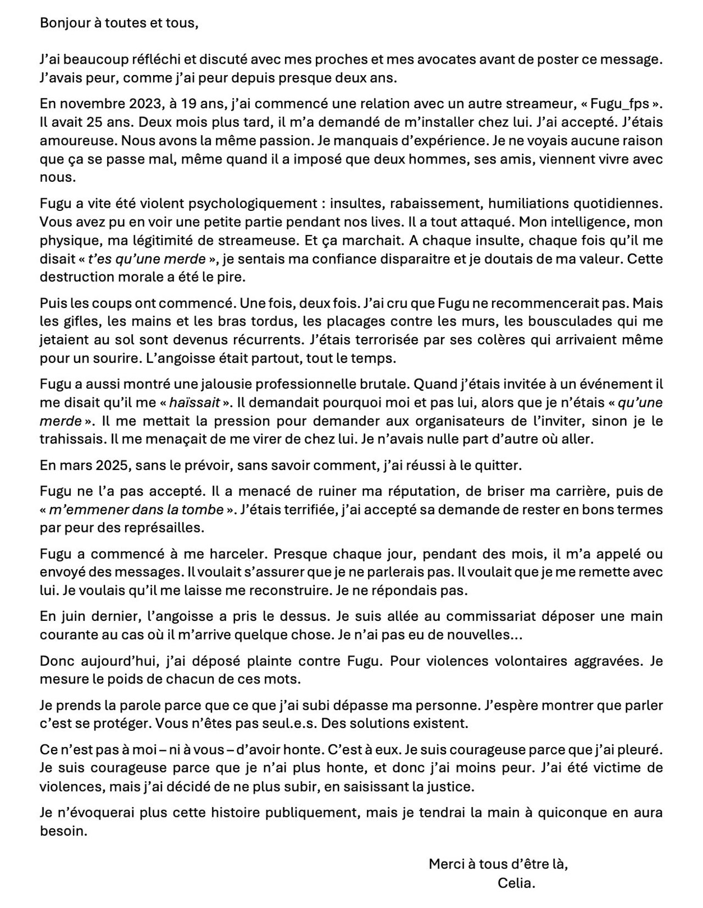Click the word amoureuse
point(75,140)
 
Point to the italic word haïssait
point(194,402)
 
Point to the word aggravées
point(606,660)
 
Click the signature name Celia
point(516,883)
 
